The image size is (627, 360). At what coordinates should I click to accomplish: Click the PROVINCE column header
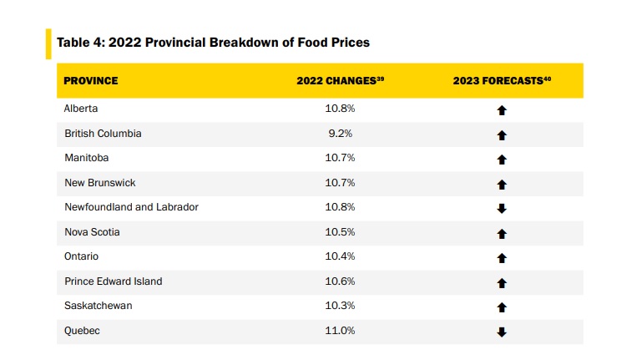pyautogui.click(x=91, y=81)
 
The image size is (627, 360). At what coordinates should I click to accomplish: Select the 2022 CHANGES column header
pyautogui.click(x=340, y=81)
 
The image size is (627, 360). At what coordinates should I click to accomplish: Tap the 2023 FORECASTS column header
pyautogui.click(x=502, y=81)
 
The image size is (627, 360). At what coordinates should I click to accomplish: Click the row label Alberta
pyautogui.click(x=82, y=109)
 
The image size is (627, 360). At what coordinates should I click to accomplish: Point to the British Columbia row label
pyautogui.click(x=103, y=134)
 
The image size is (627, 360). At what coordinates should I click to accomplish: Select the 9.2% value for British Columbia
pyautogui.click(x=340, y=134)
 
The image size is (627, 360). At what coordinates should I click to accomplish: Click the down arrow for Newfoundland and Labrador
pyautogui.click(x=502, y=208)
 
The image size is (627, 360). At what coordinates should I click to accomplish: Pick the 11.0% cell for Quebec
pyautogui.click(x=340, y=331)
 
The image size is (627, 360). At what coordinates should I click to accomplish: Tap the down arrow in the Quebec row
pyautogui.click(x=502, y=332)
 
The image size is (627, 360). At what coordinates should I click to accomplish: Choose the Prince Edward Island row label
pyautogui.click(x=113, y=281)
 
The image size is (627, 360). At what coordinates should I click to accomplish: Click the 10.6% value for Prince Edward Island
pyautogui.click(x=340, y=281)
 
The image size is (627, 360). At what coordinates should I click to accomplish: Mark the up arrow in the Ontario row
pyautogui.click(x=502, y=258)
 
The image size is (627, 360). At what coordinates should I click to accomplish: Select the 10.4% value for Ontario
pyautogui.click(x=340, y=256)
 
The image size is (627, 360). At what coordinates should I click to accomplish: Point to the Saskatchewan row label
pyautogui.click(x=98, y=306)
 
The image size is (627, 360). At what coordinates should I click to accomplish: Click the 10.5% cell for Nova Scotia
pyautogui.click(x=340, y=232)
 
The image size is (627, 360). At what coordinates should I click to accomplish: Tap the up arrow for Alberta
pyautogui.click(x=502, y=110)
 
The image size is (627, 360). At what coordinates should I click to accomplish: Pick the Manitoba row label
pyautogui.click(x=86, y=158)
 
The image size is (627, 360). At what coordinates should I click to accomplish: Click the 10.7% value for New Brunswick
pyautogui.click(x=340, y=183)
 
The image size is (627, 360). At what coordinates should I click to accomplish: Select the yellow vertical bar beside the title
pyautogui.click(x=48, y=43)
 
